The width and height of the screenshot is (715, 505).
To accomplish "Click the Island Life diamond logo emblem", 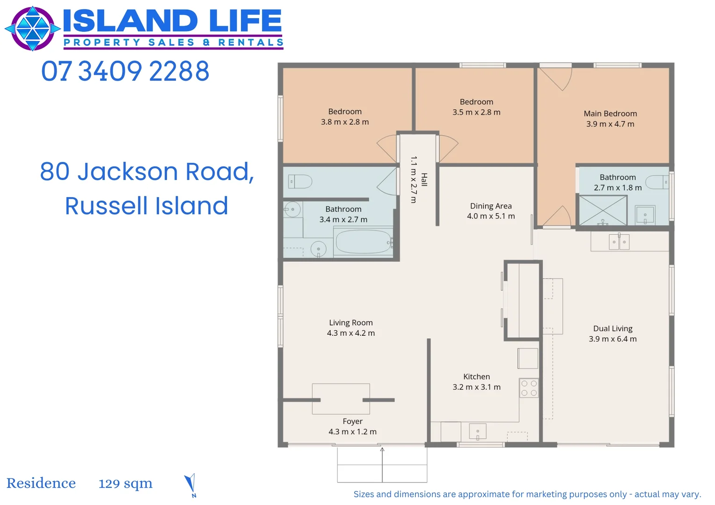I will pyautogui.click(x=32, y=29).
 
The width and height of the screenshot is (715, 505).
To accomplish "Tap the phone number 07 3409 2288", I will pyautogui.click(x=125, y=72).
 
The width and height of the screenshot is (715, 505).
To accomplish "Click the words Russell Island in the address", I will pyautogui.click(x=146, y=206).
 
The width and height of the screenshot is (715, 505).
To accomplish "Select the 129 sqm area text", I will pyautogui.click(x=125, y=483).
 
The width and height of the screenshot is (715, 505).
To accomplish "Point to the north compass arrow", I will pyautogui.click(x=190, y=484).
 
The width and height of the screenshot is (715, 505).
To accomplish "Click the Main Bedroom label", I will pyautogui.click(x=610, y=114).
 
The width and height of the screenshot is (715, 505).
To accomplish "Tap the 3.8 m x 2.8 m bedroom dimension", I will pyautogui.click(x=345, y=122).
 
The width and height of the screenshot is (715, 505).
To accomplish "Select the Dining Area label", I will pyautogui.click(x=491, y=206).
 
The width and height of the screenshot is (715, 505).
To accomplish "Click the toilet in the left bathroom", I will pyautogui.click(x=300, y=181).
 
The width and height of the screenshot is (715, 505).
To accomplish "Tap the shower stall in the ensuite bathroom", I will pyautogui.click(x=603, y=210).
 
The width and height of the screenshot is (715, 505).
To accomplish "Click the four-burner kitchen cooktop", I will pyautogui.click(x=529, y=388).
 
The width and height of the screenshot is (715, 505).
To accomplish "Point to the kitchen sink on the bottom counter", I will pyautogui.click(x=477, y=431).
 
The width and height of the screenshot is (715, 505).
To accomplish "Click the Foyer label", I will pyautogui.click(x=352, y=421).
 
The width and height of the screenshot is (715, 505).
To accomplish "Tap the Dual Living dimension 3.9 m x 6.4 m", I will pyautogui.click(x=613, y=339).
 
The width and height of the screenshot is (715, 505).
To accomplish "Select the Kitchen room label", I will pyautogui.click(x=476, y=376).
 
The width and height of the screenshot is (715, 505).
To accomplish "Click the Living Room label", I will pyautogui.click(x=350, y=323).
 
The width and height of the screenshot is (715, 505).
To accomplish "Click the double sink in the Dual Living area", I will pyautogui.click(x=619, y=242).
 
